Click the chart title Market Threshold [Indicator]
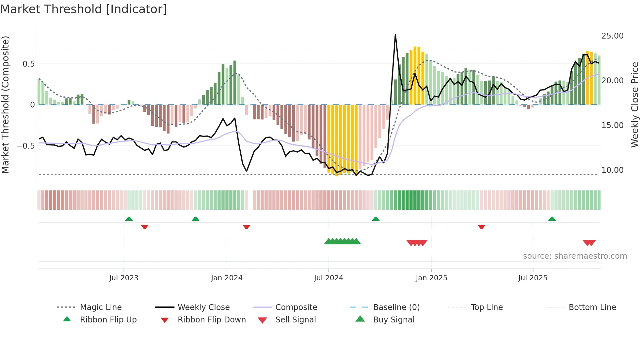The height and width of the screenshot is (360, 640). click(x=84, y=9)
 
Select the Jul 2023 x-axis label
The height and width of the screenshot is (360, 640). click(x=124, y=278)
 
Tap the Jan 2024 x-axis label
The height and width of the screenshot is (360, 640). click(x=227, y=278)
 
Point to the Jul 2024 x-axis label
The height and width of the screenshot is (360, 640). click(x=328, y=278)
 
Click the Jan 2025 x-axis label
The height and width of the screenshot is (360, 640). click(x=431, y=278)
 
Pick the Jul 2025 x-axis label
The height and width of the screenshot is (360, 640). click(x=533, y=278)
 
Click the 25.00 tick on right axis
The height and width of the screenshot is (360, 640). click(x=612, y=36)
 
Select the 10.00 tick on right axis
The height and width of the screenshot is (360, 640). click(x=612, y=170)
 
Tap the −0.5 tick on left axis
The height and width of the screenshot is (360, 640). click(x=26, y=146)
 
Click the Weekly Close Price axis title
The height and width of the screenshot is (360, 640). click(x=634, y=105)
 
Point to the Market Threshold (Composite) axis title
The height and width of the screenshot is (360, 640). click(x=5, y=105)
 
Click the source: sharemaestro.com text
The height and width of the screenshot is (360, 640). click(x=575, y=256)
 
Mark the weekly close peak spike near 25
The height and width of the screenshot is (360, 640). click(x=395, y=35)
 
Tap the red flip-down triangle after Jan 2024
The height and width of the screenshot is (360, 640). click(x=247, y=227)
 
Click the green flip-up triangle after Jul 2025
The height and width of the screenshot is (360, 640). click(x=552, y=219)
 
